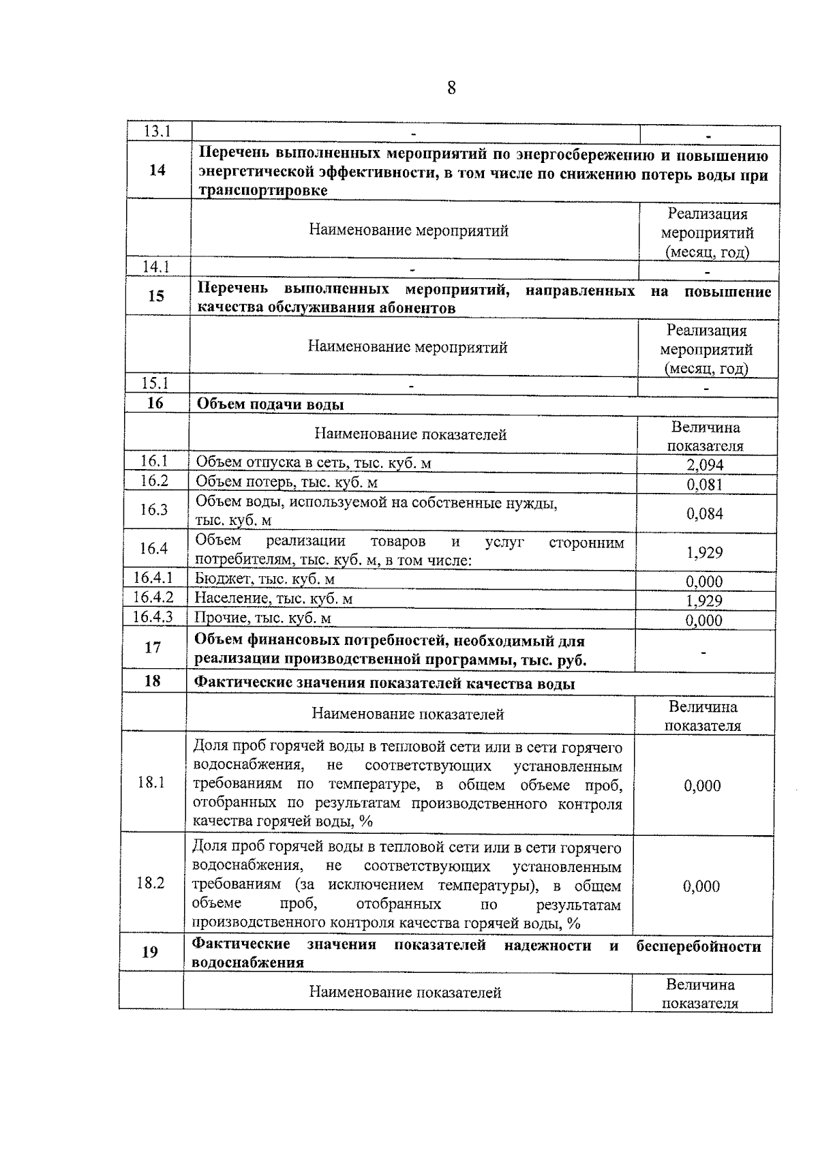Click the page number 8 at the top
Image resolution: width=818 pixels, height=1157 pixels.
pos(451,88)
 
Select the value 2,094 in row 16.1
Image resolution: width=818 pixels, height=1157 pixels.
pos(705,465)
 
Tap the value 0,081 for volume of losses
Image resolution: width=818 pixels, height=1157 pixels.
pos(705,485)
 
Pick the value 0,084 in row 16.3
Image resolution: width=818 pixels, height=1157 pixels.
pos(705,513)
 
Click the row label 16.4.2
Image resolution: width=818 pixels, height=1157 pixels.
pos(153,598)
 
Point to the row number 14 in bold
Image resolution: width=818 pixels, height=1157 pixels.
pos(157,170)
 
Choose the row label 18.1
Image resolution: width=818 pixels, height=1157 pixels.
pos(151,782)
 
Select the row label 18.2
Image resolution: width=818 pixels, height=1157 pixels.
pos(151,883)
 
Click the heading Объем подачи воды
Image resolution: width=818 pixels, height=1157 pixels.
pos(270,404)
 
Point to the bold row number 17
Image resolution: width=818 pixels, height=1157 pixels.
pos(153,647)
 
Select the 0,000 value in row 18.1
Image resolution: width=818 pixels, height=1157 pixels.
pos(702,785)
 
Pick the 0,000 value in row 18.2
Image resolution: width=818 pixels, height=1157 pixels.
pos(701,886)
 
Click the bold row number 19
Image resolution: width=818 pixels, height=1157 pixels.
pos(150,952)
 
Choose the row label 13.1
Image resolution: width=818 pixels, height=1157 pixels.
pos(157,131)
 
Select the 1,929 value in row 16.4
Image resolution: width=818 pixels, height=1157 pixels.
pos(705,552)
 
